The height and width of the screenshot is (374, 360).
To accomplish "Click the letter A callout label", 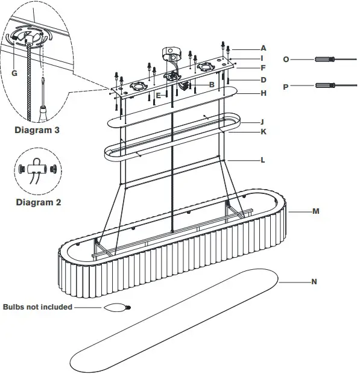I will pos(264,48).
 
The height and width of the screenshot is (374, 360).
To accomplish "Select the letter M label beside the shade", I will pos(315,211).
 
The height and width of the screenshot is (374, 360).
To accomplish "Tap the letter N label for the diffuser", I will pos(314,281).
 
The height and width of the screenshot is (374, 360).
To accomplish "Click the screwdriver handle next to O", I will pos(323,60).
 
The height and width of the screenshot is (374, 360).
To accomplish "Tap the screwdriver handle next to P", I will pos(323,86).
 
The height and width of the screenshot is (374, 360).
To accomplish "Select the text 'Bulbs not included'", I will pos(37,307).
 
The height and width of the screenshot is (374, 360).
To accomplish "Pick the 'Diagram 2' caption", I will pos(38,202).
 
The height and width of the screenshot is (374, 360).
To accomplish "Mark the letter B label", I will pos(212,85).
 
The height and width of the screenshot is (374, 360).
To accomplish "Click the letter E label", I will pos(158,95).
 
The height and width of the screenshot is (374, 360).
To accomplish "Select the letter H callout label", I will pos(264,93).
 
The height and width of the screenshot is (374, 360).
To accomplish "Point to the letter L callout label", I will pos(264,160).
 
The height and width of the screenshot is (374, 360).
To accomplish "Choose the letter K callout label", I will pos(264,131).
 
